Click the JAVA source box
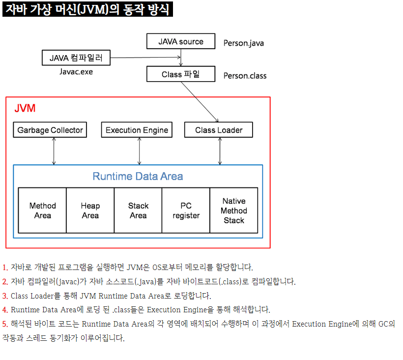pos(181,41)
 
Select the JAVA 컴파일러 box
pos(76,58)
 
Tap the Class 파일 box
pos(181,74)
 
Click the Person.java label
pos(244,43)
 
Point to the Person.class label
pos(245,76)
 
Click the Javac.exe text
pos(76,72)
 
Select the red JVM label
pos(25,108)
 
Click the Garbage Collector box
pos(50,130)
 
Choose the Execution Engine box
pos(137,130)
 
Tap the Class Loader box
pos(219,130)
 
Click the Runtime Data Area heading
pos(138,176)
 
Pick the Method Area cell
pos(42,210)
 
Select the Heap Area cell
pos(90,210)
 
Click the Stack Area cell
pos(138,210)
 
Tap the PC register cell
pos(186,210)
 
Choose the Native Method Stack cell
pos(234,210)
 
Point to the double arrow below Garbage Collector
pos(54,151)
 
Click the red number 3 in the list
pos(5,296)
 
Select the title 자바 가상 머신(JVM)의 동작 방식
pos(87,9)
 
